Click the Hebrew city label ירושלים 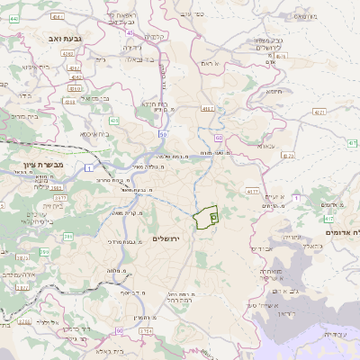coord(166,238)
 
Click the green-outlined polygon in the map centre coord(207,216)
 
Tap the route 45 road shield coord(130,32)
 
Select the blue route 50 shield coord(163,135)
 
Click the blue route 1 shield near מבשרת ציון coord(89,168)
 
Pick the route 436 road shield coord(114,119)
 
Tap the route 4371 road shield coord(319,112)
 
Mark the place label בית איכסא coord(94,134)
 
